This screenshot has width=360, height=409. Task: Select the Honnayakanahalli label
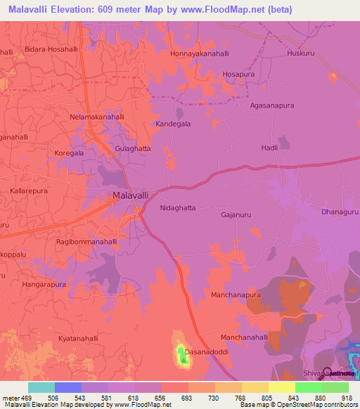coord(202,53)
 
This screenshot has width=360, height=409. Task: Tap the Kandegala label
coord(173,124)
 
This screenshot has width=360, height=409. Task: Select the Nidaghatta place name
coord(178,208)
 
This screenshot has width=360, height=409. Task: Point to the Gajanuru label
coord(236,215)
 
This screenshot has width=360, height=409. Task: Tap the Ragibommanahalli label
coord(86,241)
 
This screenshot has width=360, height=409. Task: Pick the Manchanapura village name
coord(236,296)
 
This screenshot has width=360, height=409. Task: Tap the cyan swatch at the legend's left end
coord(41,387)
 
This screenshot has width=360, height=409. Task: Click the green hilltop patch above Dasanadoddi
coord(182,356)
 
